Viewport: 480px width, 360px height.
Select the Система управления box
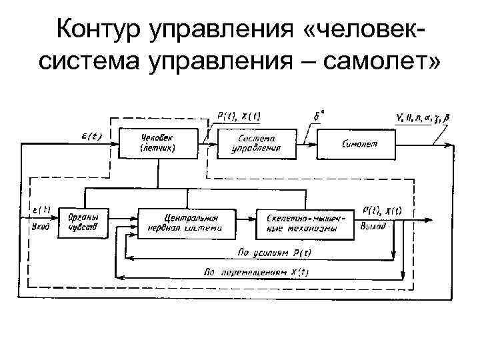256,143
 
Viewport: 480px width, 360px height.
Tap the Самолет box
361,143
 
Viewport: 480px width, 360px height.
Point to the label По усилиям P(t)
269,253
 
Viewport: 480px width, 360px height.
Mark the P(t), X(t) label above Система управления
239,115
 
